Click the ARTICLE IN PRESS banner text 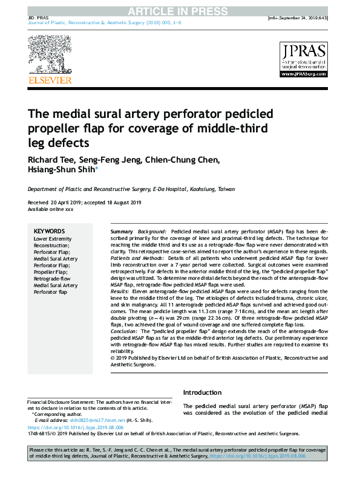coord(180,10)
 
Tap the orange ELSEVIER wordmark coord(50,80)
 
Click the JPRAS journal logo coord(303,59)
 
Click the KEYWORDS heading coord(49,231)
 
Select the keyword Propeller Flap coord(50,272)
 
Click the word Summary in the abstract coord(122,232)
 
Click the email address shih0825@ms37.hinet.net coord(97,420)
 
